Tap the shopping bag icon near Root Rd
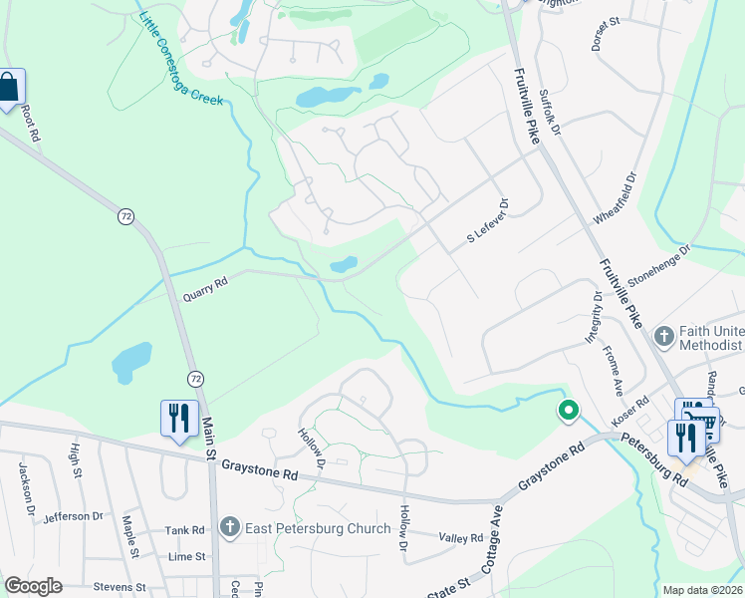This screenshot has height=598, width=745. tap(9, 88)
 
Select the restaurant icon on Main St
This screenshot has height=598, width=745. tap(177, 419)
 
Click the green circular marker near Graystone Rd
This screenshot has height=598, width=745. tap(569, 410)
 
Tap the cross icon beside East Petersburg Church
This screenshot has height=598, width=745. tap(229, 527)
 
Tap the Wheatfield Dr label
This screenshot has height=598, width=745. tap(614, 199)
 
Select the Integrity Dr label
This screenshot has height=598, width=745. tap(592, 317)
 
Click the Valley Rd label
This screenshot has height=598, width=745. tap(461, 537)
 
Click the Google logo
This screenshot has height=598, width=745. tap(33, 586)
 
